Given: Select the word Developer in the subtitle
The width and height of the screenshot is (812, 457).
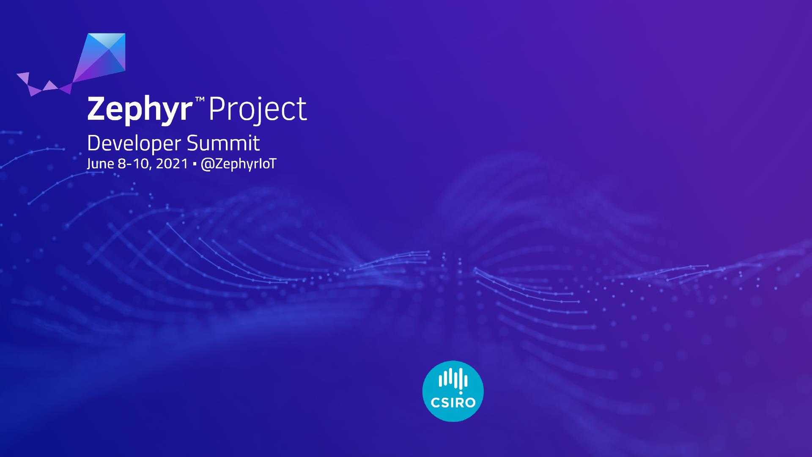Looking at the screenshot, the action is point(134,144).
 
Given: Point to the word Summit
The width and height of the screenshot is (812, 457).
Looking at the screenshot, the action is point(223,143).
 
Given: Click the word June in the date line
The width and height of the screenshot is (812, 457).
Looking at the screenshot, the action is point(101,164).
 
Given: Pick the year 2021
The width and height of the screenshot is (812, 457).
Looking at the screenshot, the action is point(172,164).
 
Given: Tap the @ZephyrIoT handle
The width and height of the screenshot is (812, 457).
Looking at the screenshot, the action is point(238,164).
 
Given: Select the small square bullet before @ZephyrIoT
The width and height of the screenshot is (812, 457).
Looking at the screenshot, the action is point(194,164).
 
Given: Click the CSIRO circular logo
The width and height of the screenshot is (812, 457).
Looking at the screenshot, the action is point(453,391).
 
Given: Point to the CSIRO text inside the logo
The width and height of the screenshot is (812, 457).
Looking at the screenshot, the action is point(453,402).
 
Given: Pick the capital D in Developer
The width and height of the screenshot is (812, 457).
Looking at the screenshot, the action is point(94,143).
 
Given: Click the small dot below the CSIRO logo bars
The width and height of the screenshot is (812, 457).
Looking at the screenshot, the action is point(461,393).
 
